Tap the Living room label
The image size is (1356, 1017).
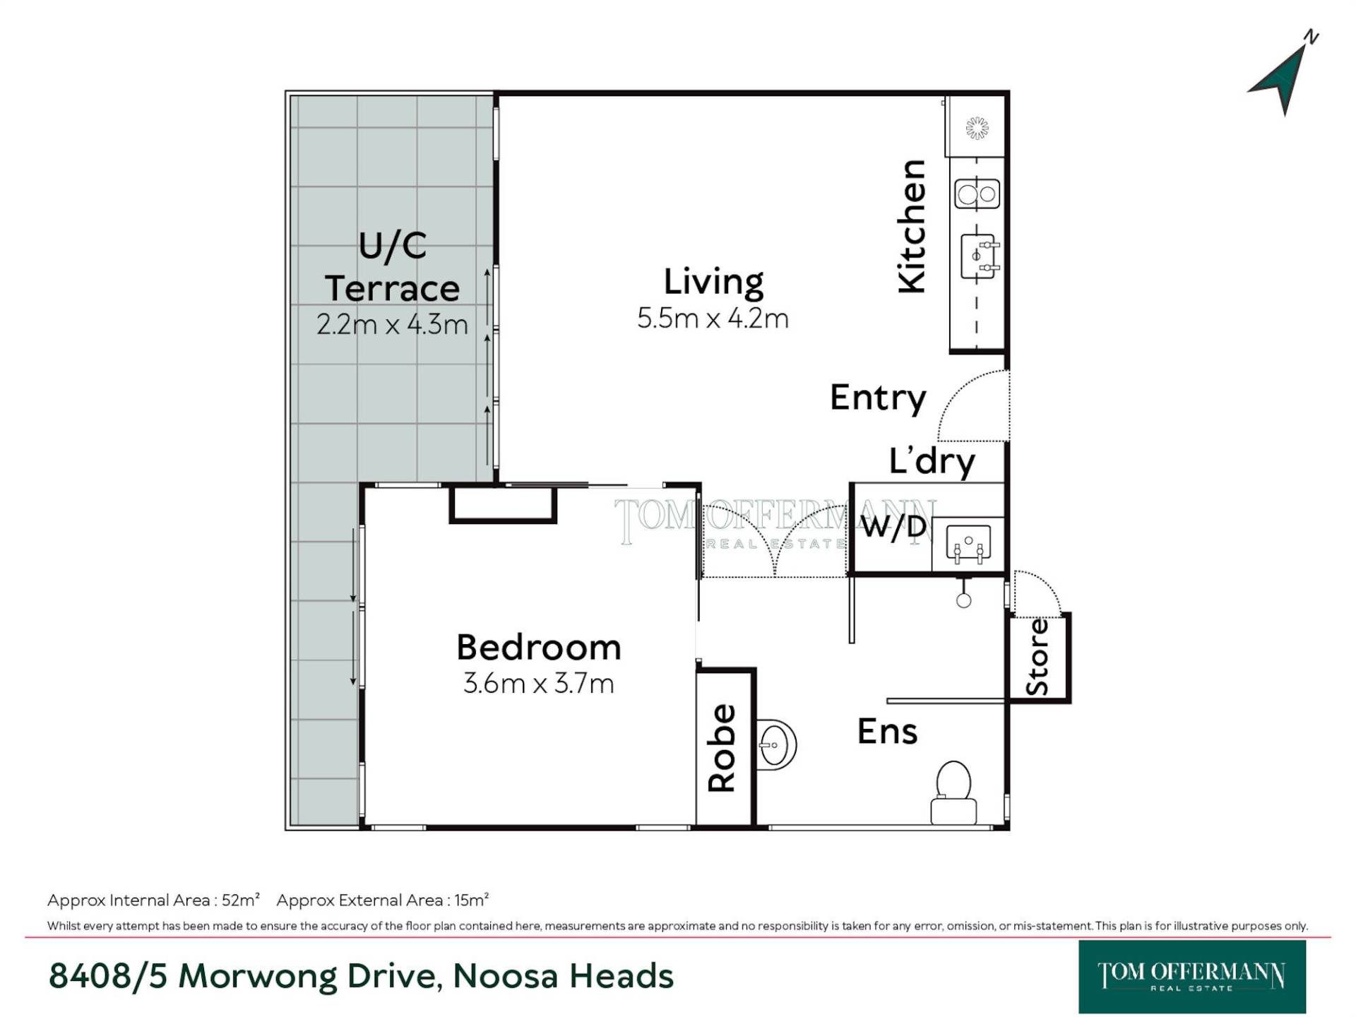pyautogui.click(x=713, y=281)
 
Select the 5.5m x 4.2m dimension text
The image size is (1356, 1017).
pyautogui.click(x=713, y=319)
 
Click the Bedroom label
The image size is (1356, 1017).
pyautogui.click(x=539, y=647)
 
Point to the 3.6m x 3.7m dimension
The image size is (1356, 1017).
pyautogui.click(x=539, y=684)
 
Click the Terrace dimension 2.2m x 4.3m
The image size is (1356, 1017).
pyautogui.click(x=392, y=324)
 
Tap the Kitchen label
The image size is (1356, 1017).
pyautogui.click(x=911, y=226)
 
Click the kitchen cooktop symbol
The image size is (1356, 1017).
pyautogui.click(x=977, y=128)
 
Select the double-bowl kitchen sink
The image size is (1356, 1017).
pyautogui.click(x=977, y=194)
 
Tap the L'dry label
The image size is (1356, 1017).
pyautogui.click(x=932, y=461)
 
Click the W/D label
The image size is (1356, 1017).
pyautogui.click(x=894, y=527)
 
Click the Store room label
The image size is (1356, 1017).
pyautogui.click(x=1037, y=657)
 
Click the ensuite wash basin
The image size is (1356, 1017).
pyautogui.click(x=777, y=744)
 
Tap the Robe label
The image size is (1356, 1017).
pyautogui.click(x=722, y=748)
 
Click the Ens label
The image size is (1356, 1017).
pyautogui.click(x=887, y=731)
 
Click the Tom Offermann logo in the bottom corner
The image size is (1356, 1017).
pyautogui.click(x=1191, y=977)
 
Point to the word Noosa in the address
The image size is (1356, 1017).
pyautogui.click(x=506, y=976)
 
